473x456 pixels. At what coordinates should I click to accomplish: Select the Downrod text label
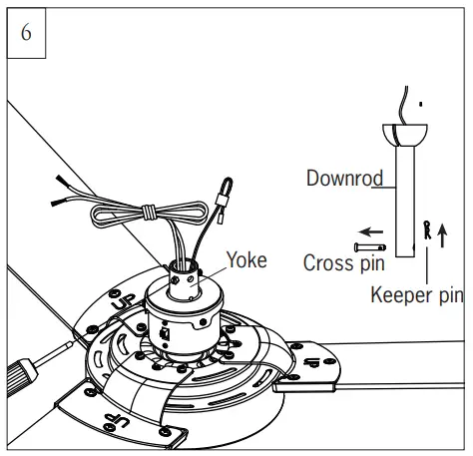click(344, 179)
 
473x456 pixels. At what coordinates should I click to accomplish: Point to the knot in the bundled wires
click(146, 212)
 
